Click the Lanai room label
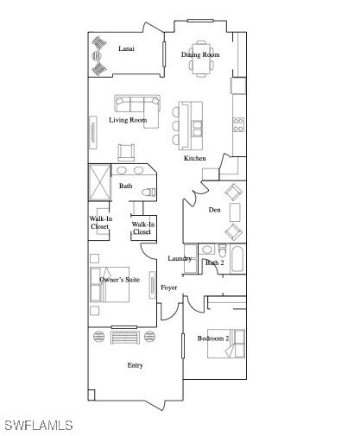pos(126,49)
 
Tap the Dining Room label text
pos(200,55)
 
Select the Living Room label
pos(128,121)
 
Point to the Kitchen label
pos(195,159)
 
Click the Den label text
pos(214,210)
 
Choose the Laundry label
pos(180,259)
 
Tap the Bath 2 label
pos(214,262)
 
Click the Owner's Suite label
pos(120,281)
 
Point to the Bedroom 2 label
pos(213,338)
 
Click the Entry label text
pos(135,366)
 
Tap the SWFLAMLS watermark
pos(39,426)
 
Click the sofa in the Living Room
pos(137,104)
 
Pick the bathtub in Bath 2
pos(237,258)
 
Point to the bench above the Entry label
pos(124,335)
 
